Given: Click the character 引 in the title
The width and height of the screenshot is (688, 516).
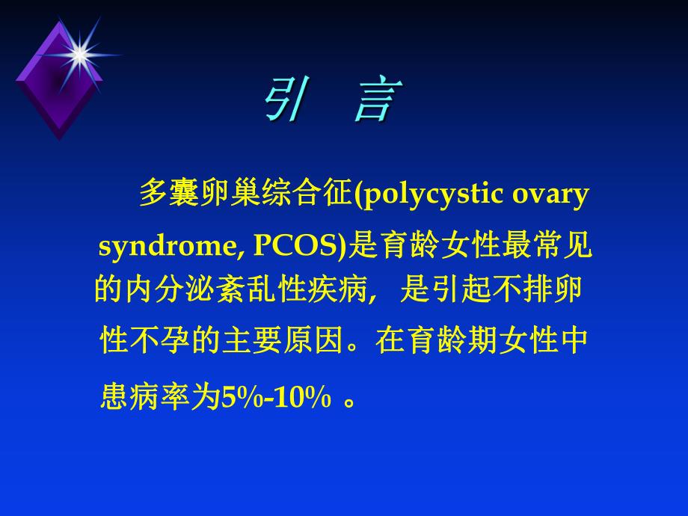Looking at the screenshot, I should coord(286,101).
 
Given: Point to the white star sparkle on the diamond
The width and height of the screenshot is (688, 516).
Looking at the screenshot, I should coord(77,52).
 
